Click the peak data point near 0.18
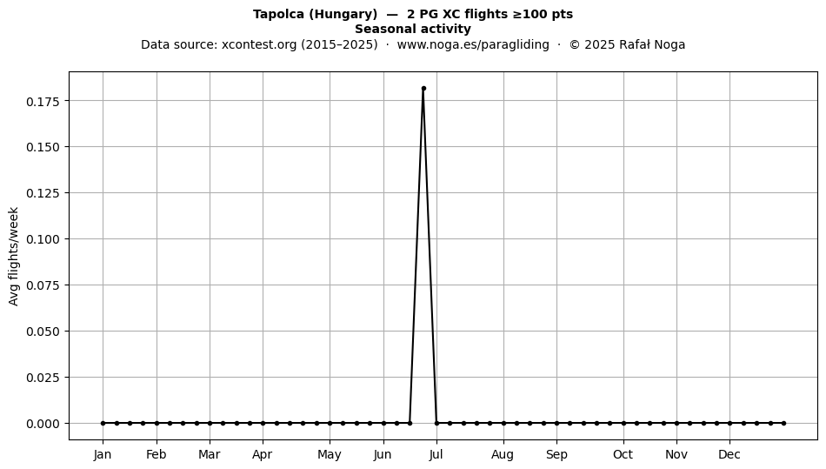click(x=423, y=89)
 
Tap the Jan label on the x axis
click(x=103, y=454)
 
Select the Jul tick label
click(x=436, y=454)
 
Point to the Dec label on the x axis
click(x=729, y=454)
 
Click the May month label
click(x=330, y=455)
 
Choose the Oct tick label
click(x=623, y=454)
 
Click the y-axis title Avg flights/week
click(x=14, y=256)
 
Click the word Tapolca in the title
click(x=279, y=15)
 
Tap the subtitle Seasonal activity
click(x=413, y=29)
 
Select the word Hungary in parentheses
click(x=343, y=15)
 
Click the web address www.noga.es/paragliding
click(x=473, y=44)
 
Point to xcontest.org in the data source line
click(x=259, y=44)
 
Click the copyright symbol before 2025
click(x=575, y=44)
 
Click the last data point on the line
click(x=784, y=423)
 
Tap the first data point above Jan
click(x=103, y=423)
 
